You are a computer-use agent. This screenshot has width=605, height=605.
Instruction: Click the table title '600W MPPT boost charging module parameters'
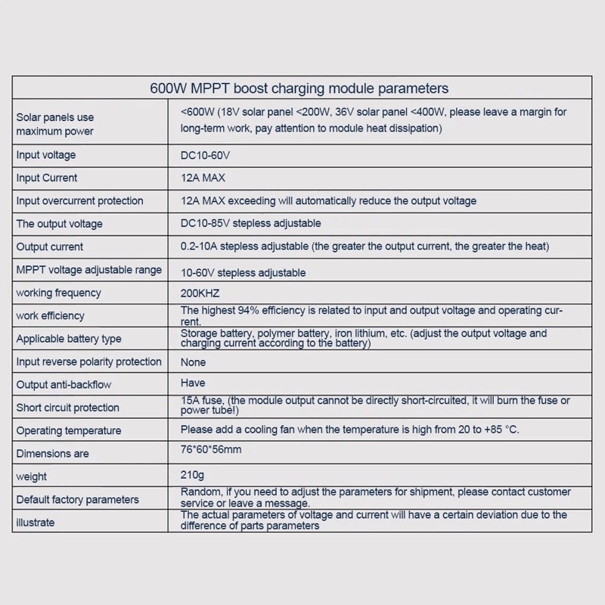point(299,88)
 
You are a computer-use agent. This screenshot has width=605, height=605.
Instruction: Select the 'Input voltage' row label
point(46,155)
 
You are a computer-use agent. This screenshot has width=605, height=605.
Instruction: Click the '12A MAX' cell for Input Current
point(203,178)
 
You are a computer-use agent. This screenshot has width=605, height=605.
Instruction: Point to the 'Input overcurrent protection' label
point(79,201)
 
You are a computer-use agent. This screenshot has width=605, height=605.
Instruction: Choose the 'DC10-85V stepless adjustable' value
point(250,223)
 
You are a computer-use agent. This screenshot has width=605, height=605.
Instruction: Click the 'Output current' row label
point(50,247)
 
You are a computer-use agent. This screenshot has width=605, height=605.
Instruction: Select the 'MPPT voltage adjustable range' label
point(89,270)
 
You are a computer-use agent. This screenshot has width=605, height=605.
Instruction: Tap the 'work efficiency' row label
point(50,316)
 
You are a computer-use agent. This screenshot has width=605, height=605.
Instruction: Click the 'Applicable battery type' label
point(69,339)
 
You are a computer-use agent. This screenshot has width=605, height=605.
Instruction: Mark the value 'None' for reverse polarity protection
point(193,362)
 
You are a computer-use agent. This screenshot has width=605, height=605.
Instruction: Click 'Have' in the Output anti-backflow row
point(193,383)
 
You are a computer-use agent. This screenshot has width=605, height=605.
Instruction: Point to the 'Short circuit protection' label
point(68,408)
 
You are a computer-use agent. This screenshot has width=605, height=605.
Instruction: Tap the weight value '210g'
point(192,475)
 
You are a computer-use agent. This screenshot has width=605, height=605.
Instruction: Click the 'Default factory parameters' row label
point(78,500)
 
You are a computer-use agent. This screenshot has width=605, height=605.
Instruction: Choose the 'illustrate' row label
point(36,523)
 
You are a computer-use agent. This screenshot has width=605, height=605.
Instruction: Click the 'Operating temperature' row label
point(69,431)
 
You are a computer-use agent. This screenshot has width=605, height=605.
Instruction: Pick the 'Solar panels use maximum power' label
point(55,124)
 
